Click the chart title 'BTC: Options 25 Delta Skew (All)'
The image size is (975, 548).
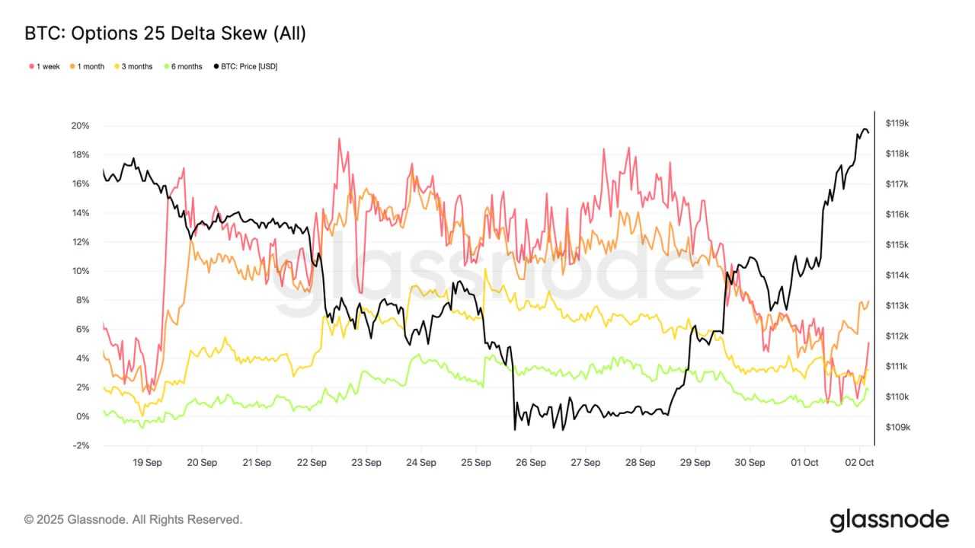[x=165, y=33]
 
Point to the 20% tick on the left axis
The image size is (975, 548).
[x=81, y=126]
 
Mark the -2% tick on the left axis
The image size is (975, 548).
[x=81, y=446]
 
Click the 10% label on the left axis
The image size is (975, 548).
[x=81, y=271]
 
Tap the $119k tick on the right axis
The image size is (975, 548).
[x=898, y=123]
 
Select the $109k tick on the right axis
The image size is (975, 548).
[x=898, y=428]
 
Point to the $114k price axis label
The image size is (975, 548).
[x=898, y=276]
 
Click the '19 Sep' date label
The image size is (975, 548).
[x=147, y=462]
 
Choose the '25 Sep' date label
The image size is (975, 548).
[x=476, y=462]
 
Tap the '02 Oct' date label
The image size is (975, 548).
[x=861, y=462]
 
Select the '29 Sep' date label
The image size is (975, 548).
[x=695, y=462]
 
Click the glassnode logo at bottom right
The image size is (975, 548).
[x=889, y=520]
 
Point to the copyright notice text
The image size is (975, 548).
[x=134, y=520]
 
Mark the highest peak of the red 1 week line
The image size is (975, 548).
[x=339, y=139]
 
